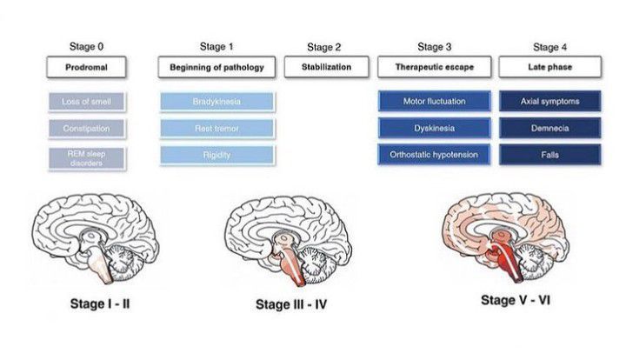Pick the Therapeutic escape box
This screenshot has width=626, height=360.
(x=435, y=66)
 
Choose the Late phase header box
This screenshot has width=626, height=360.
(x=549, y=66)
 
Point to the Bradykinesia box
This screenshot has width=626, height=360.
(x=217, y=102)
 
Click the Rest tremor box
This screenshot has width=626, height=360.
(x=217, y=128)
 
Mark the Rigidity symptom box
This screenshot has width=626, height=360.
(x=217, y=155)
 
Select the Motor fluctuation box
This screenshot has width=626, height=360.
(x=435, y=102)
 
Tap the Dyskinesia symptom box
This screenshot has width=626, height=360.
(x=435, y=128)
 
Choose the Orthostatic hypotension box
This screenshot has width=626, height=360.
(x=435, y=155)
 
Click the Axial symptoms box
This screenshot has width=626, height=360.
(x=549, y=102)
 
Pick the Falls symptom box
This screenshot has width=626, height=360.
(x=549, y=155)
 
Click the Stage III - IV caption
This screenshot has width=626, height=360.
(x=291, y=305)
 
